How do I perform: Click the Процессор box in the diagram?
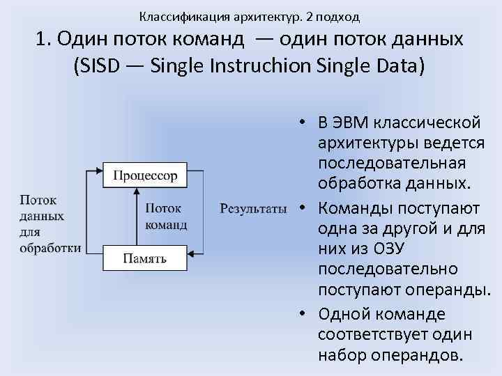pyautogui.click(x=145, y=174)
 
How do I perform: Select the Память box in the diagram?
pyautogui.click(x=145, y=258)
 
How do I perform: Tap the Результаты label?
pyautogui.click(x=253, y=207)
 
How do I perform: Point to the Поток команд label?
pyautogui.click(x=166, y=216)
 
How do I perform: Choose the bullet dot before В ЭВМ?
pyautogui.click(x=304, y=123)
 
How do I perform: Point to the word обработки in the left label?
pyautogui.click(x=50, y=248)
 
